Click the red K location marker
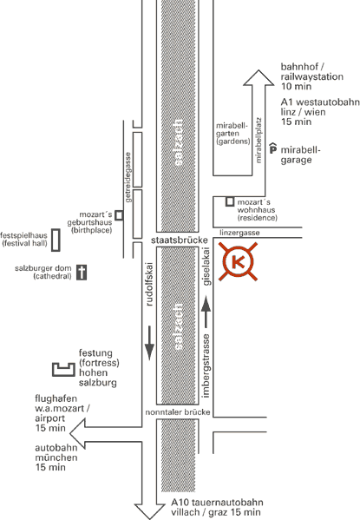pos(238,261)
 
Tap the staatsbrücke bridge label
pos(180,240)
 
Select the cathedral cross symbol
pos(82,273)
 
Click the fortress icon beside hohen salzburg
pos(63,370)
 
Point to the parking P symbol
pos(272,148)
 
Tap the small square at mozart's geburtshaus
pos(119,215)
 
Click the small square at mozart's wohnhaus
pos(230,201)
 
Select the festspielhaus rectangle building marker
pos(56,240)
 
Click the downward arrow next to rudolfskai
pos(149,343)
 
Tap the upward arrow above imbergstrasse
pos(206,313)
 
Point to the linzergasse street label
pos(239,233)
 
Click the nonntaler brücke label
pos(178,412)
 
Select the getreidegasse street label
pos(128,177)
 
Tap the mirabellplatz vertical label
pos(259,141)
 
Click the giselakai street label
pos(206,267)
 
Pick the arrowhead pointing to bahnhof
pos(259,77)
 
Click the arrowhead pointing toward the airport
pos(77,433)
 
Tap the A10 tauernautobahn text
pos(217,503)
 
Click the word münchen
pos(56,457)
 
